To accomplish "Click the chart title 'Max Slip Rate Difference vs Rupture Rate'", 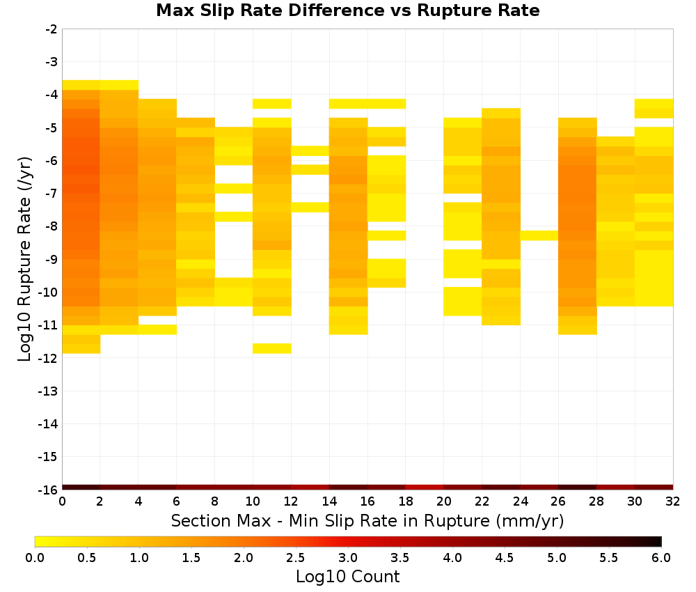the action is (347, 10).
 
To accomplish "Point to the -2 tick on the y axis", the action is (52, 29).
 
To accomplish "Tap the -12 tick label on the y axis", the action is (49, 358).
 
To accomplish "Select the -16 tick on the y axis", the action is (49, 490).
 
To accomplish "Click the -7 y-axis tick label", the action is (52, 194).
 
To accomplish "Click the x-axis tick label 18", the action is (406, 501).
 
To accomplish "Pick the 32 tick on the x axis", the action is (673, 501).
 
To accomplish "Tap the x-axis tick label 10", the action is (253, 501).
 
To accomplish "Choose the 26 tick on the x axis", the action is (558, 501).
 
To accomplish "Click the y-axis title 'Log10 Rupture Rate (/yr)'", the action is (24, 259).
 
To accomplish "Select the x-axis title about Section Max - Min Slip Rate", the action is (367, 520).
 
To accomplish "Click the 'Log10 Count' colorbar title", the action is (347, 577).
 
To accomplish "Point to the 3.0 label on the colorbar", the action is (348, 557).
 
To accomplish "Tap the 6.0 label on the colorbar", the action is (661, 557).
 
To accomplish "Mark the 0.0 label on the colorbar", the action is (35, 557).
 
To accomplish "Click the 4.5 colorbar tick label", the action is (504, 557).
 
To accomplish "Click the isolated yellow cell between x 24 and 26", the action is (539, 235).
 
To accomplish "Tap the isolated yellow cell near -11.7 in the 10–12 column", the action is (271, 348).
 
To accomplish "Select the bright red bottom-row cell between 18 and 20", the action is (425, 488).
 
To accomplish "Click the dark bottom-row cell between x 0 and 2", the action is (81, 488).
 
